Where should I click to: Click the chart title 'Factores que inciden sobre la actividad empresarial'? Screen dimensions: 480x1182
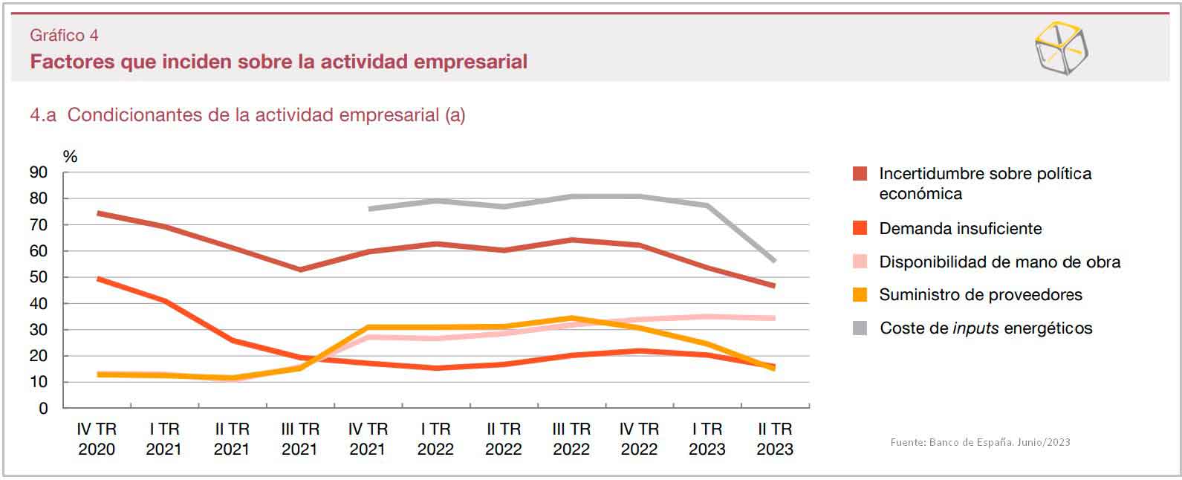(x=279, y=61)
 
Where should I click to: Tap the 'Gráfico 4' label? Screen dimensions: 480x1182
(x=64, y=35)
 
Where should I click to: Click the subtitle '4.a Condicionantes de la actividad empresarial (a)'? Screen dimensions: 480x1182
(x=247, y=115)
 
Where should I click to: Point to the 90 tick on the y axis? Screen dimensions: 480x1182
(x=38, y=172)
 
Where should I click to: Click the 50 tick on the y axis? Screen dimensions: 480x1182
(x=38, y=277)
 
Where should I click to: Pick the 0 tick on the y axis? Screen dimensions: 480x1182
(x=43, y=408)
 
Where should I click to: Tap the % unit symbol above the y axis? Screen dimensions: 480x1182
(x=70, y=156)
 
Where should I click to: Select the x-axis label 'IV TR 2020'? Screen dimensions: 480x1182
(x=97, y=439)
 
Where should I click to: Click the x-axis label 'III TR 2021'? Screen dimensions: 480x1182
(x=299, y=439)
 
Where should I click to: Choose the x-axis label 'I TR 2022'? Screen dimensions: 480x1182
(x=435, y=439)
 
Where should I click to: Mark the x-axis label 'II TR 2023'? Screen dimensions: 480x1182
(x=775, y=439)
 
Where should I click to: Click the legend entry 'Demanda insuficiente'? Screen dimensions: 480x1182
(x=960, y=229)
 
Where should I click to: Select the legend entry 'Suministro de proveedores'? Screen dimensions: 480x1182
(x=980, y=295)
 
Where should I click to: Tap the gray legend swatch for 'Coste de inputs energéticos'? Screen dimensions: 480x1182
(x=860, y=328)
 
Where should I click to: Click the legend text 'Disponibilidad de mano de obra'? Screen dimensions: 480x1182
(x=999, y=262)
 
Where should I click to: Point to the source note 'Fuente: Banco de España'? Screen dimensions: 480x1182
(x=980, y=442)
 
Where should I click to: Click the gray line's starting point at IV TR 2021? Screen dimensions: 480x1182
(x=369, y=209)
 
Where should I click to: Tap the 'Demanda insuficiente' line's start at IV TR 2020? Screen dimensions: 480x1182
(x=98, y=279)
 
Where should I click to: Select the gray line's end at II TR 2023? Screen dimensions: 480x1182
(x=774, y=261)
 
